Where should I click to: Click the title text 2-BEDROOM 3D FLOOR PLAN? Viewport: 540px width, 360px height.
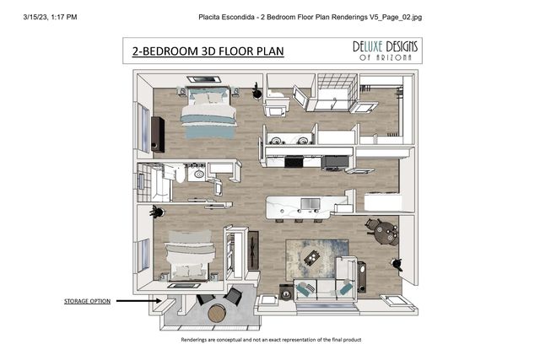(208, 51)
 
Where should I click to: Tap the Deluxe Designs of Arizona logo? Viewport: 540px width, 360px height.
(385, 51)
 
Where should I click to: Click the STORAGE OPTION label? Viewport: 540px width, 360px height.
(87, 301)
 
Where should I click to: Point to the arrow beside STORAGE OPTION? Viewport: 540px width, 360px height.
(138, 301)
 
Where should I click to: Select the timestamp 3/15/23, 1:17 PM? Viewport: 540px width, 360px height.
(51, 17)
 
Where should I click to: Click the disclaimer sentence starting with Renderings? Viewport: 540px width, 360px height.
(271, 340)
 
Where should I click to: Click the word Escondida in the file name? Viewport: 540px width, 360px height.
(238, 17)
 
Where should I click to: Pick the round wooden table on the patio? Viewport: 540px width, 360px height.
(217, 313)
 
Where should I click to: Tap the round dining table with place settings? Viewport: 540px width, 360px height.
(387, 233)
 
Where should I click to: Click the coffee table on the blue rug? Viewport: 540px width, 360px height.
(312, 258)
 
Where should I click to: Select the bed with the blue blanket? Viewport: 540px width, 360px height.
(208, 112)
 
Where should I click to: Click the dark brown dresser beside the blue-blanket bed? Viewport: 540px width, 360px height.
(158, 134)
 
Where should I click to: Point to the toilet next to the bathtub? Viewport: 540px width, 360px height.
(179, 174)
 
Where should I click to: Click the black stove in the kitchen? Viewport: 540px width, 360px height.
(294, 161)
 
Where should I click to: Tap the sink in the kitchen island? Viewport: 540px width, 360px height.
(310, 204)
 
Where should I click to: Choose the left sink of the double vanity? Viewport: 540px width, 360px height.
(276, 141)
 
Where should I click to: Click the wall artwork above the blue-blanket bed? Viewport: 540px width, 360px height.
(204, 79)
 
